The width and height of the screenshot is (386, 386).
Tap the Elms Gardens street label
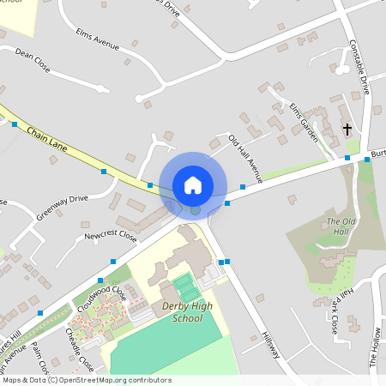[304, 122]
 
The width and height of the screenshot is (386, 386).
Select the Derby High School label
[182, 312]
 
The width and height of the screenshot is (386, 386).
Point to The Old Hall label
[341, 226]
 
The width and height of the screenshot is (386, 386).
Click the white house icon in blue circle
[193, 184]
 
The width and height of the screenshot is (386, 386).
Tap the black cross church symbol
[347, 130]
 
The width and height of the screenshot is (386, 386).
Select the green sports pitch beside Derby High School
[183, 284]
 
